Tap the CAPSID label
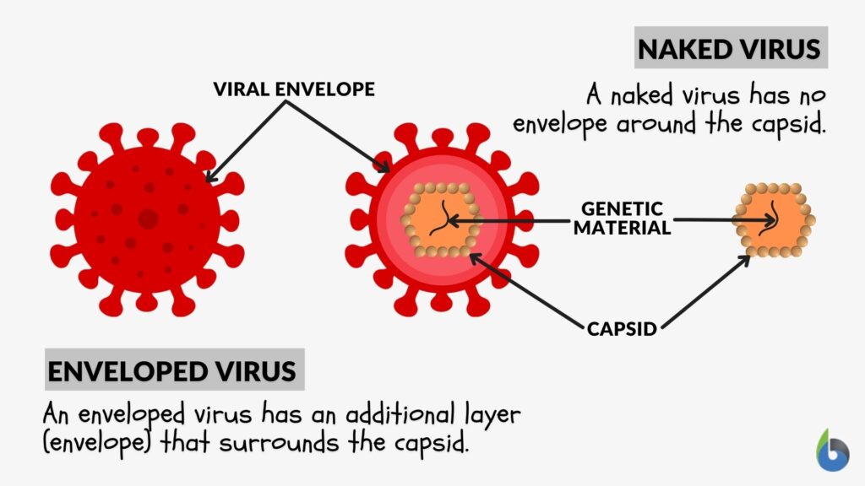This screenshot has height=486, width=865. pos(622,328)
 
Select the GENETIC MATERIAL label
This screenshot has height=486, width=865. pos(623,217)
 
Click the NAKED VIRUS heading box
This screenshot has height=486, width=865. pos(730,49)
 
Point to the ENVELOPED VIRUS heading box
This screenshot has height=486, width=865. pos(172,371)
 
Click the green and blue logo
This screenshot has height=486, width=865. pos(831,451)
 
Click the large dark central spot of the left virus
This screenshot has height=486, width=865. pos(148,219)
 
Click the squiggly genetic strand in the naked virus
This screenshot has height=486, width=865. pos(771,220)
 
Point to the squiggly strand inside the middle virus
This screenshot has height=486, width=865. pos(441,220)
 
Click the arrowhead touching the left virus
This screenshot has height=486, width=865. pos(208,179)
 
